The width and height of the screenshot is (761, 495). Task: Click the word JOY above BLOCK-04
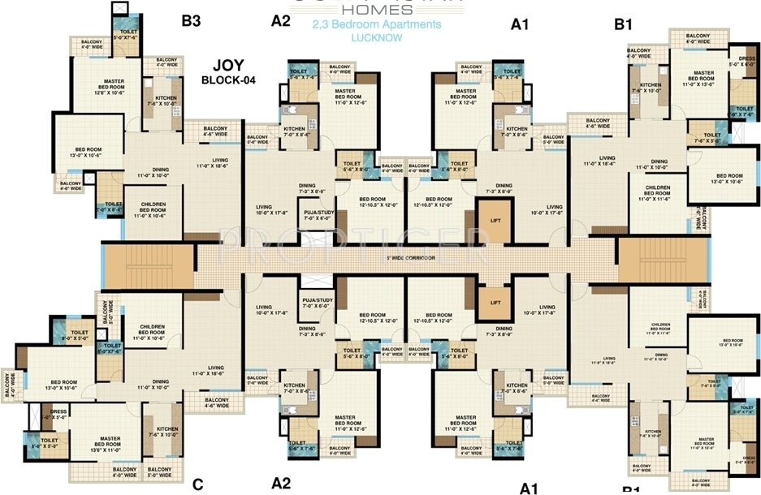[x=229, y=65]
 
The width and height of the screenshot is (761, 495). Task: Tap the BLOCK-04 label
[x=229, y=80]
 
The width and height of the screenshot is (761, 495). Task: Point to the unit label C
[x=197, y=485]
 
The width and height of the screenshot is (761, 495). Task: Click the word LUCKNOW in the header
[x=377, y=38]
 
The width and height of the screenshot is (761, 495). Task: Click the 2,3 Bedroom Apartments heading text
[x=377, y=24]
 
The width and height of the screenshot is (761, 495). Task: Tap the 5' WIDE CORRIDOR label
[x=410, y=258]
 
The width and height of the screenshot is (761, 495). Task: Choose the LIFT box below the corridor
[x=495, y=302]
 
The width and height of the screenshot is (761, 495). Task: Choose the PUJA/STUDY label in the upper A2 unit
[x=318, y=215]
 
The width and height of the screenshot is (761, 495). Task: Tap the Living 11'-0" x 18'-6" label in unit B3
[x=213, y=162]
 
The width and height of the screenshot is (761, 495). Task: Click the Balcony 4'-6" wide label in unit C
[x=215, y=402]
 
